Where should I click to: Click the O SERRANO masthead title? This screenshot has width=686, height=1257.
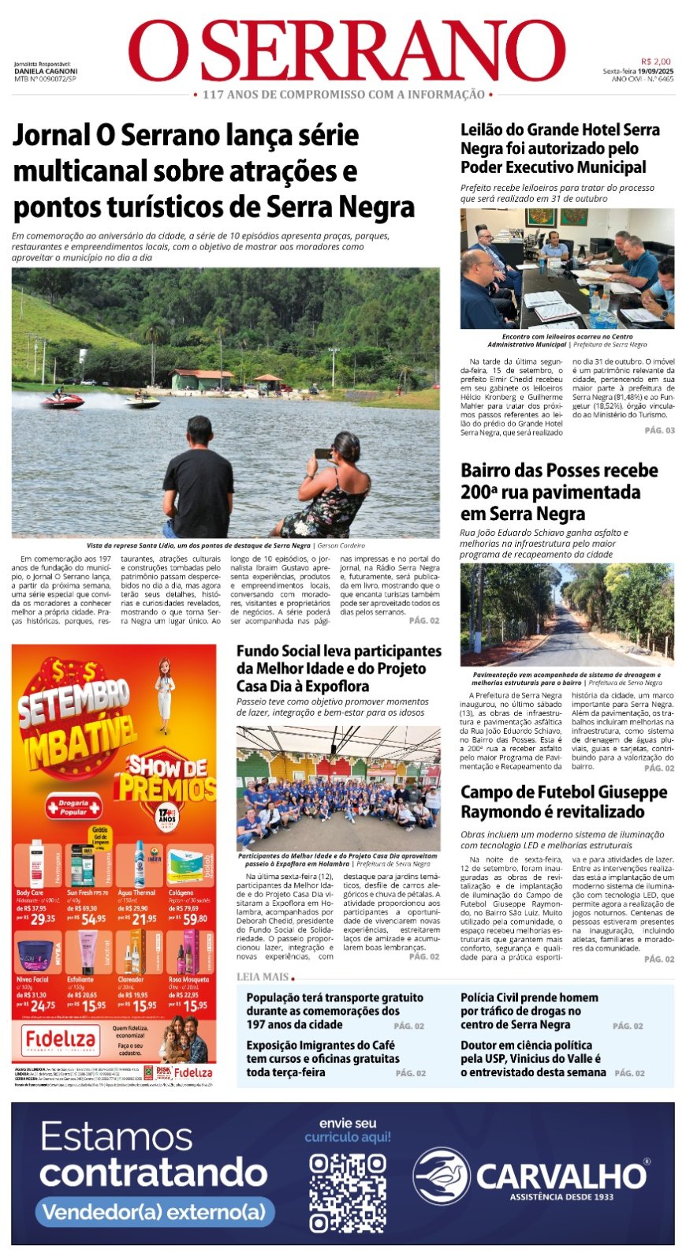coord(347,51)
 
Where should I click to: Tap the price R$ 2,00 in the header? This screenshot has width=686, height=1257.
coord(655,62)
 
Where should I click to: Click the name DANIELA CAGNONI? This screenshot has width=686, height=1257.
coord(46,71)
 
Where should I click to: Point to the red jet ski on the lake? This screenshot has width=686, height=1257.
coord(63,400)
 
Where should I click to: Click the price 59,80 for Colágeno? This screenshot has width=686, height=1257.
coord(194,918)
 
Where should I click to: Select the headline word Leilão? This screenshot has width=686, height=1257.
coord(483,130)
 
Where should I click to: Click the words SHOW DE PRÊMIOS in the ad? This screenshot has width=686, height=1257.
coord(167,777)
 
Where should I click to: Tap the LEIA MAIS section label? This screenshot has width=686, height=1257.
coord(263,977)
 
